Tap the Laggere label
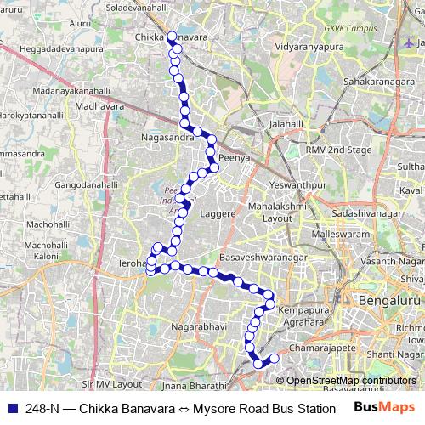(x=217, y=214)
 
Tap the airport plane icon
(x=411, y=42)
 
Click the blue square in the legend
(x=11, y=409)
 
